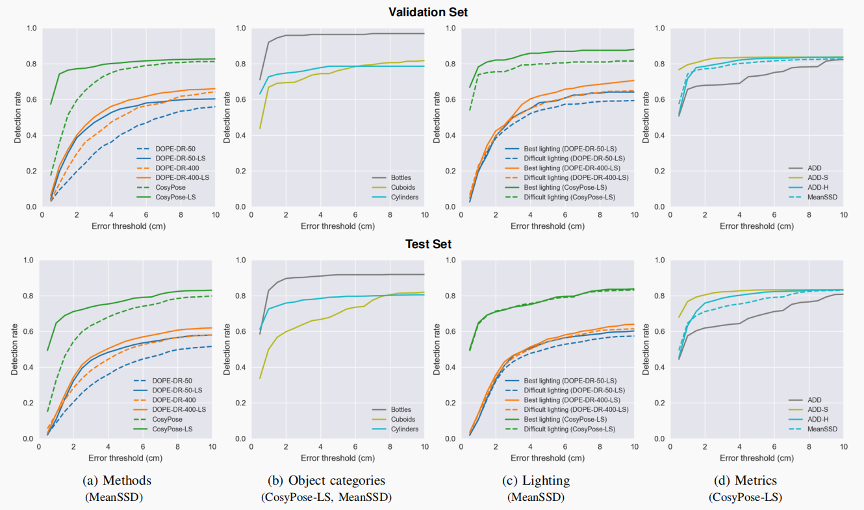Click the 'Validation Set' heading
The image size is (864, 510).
click(427, 12)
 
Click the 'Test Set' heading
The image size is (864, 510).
click(427, 244)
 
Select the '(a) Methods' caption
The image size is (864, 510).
click(118, 480)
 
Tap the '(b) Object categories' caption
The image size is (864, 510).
click(326, 480)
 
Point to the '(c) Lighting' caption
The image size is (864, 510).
click(536, 480)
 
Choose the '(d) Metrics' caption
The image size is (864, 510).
click(745, 480)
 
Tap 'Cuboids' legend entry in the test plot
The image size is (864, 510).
click(405, 419)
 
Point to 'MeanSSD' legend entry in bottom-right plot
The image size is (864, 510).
click(822, 429)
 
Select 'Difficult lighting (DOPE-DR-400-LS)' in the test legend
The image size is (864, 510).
click(576, 409)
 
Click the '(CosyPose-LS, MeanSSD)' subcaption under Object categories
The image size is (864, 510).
click(326, 497)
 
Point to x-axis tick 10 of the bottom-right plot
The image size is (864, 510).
click(843, 447)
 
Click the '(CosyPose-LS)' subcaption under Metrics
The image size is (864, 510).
click(745, 497)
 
